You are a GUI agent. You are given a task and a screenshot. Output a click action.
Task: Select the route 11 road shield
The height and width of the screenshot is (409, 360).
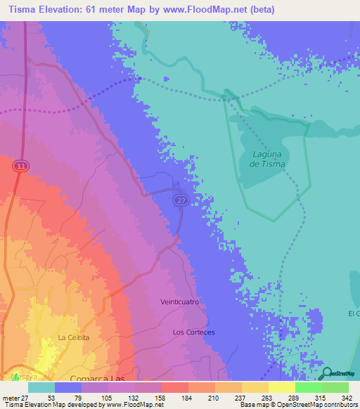(21, 164)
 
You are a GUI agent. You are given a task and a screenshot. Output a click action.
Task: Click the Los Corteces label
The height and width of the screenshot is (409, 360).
(193, 331)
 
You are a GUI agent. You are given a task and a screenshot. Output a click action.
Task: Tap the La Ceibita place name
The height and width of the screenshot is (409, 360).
(74, 337)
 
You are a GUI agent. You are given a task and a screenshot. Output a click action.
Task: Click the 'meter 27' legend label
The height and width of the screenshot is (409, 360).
(13, 397)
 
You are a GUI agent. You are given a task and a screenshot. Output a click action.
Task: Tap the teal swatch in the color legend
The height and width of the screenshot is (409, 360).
(41, 387)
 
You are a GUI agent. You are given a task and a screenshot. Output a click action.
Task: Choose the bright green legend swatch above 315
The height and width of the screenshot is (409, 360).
(308, 387)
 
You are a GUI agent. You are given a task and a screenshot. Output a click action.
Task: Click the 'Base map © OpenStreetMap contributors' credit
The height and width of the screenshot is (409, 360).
(297, 405)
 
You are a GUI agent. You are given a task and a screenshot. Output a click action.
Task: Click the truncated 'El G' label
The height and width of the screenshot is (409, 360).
(353, 312)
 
